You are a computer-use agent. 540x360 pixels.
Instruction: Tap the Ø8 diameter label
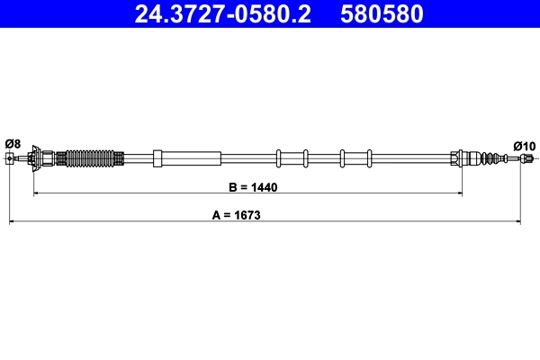tap(13, 143)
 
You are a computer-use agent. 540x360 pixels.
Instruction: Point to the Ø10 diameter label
tap(524, 145)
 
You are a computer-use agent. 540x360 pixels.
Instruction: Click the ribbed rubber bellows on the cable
tap(92, 159)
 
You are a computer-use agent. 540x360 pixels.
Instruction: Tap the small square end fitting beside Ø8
tap(10, 159)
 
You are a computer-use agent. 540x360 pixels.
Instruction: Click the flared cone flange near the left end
tap(35, 159)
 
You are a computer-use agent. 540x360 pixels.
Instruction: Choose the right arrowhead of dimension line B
tap(458, 193)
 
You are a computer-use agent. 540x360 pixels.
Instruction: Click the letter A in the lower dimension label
tap(216, 216)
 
